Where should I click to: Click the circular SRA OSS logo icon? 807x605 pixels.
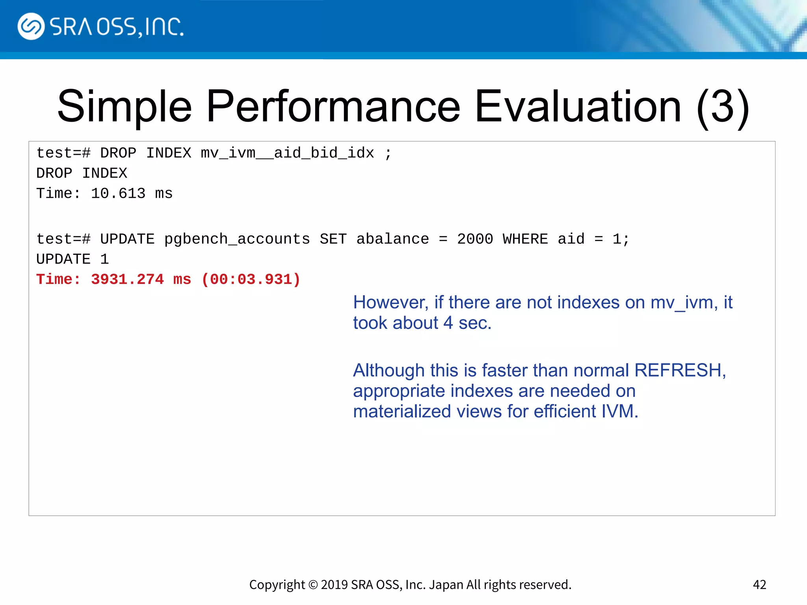(31, 26)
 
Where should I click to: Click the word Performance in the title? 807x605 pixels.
(333, 106)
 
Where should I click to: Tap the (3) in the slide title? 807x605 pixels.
(722, 106)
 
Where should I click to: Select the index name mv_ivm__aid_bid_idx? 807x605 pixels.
(287, 153)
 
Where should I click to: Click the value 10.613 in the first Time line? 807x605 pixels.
(118, 193)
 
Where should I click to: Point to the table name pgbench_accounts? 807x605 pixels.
(237, 239)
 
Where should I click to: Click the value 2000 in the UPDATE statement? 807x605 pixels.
(475, 239)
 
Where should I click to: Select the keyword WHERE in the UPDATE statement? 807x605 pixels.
(525, 239)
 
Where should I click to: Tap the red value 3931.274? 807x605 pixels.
(127, 279)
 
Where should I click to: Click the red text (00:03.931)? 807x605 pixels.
(251, 279)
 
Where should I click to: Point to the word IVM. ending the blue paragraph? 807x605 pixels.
(619, 411)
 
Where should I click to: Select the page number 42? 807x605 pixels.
(759, 585)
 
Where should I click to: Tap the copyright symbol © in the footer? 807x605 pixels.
(313, 585)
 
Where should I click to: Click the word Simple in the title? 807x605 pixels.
(125, 106)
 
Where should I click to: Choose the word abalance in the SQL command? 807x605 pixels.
(392, 239)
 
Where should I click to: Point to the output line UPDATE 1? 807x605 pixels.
(73, 259)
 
